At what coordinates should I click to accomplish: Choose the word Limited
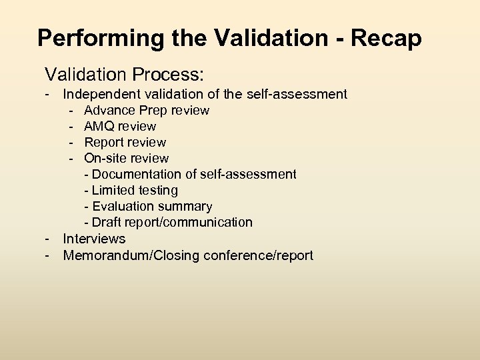[113, 190]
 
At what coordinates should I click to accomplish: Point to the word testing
[157, 191]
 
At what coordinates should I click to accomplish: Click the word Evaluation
[124, 206]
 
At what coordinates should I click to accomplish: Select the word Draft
[107, 222]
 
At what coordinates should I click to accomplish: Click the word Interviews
[94, 238]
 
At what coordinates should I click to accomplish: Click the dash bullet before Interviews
[48, 238]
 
